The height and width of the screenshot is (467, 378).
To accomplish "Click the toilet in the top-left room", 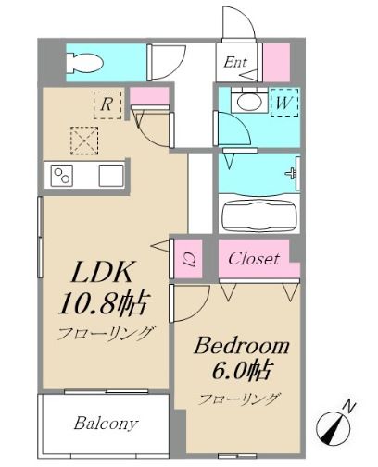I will coord(85,62).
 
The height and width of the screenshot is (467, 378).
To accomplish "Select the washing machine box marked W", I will coord(279,103).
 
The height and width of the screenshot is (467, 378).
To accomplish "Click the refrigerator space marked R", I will coord(107,104).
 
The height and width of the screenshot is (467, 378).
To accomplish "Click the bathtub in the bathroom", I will coord(259,215).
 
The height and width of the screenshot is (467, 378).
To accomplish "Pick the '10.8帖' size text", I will coord(104,302).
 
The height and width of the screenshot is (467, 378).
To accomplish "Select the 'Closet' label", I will coord(254,259).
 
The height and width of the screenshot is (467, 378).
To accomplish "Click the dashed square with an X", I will coord(85,141).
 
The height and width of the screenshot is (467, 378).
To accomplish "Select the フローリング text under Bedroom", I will coord(239,399).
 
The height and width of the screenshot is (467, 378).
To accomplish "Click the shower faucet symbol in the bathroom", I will coord(293,173).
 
